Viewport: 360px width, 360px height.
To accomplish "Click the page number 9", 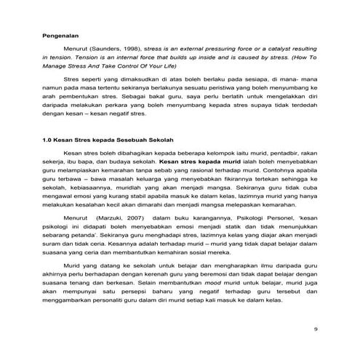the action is coord(314,329).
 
